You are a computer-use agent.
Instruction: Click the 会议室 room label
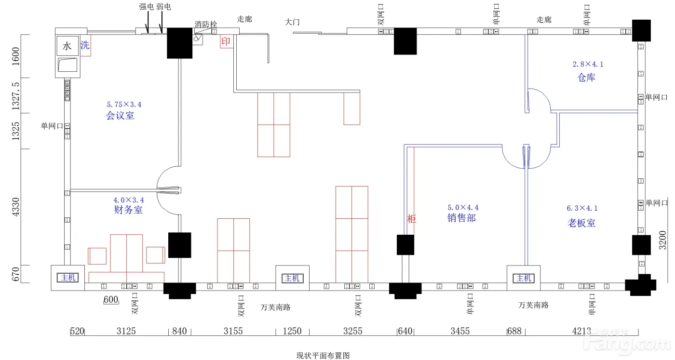pyautogui.click(x=120, y=116)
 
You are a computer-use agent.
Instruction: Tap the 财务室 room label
pyautogui.click(x=128, y=210)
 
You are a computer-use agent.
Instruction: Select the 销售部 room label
pyautogui.click(x=461, y=218)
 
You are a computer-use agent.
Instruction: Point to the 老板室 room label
pyautogui.click(x=581, y=223)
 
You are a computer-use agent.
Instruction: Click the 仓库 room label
pyautogui.click(x=587, y=78)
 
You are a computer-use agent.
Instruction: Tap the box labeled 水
pyautogui.click(x=67, y=46)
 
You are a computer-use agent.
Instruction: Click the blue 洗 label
pyautogui.click(x=85, y=46)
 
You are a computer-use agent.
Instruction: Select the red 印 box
pyautogui.click(x=226, y=41)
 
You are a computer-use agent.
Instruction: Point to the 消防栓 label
pyautogui.click(x=206, y=24)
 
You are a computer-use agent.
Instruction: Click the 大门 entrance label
pyautogui.click(x=293, y=22)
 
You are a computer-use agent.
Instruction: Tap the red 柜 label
pyautogui.click(x=412, y=219)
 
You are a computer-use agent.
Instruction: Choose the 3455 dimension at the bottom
pyautogui.click(x=460, y=331)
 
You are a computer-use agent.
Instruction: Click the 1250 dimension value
pyautogui.click(x=292, y=331)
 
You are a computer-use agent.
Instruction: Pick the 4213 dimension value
pyautogui.click(x=581, y=331)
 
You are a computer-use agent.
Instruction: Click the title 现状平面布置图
pyautogui.click(x=323, y=356)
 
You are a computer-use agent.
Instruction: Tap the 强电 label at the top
pyautogui.click(x=147, y=7)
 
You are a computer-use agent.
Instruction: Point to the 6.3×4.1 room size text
pyautogui.click(x=582, y=208)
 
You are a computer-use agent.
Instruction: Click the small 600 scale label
pyautogui.click(x=111, y=300)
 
